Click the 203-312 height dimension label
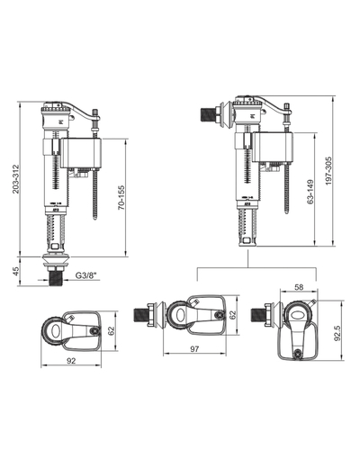[15, 179]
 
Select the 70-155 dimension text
[121, 197]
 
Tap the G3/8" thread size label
[87, 275]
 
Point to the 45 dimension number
[15, 271]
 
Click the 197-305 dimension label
[328, 170]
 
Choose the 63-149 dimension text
[310, 192]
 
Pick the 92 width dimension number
[71, 361]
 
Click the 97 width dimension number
[194, 349]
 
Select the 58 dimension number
[299, 287]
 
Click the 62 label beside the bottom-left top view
[111, 331]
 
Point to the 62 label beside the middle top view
[233, 314]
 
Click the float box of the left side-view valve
[81, 153]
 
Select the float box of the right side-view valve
[273, 147]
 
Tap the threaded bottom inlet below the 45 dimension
[56, 279]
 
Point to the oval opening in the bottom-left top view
[56, 331]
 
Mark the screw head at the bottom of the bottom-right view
[298, 353]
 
